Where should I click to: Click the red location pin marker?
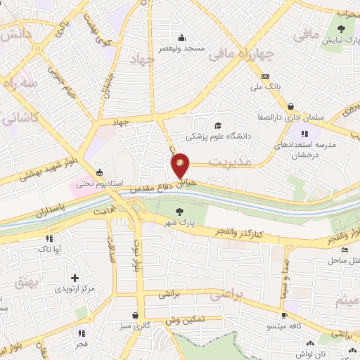click(x=181, y=165)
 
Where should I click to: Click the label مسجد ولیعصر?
click(x=185, y=48)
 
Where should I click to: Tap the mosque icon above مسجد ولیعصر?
click(x=182, y=37)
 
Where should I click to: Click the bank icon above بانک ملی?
click(x=265, y=77)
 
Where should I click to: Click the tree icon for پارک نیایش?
click(x=341, y=29)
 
